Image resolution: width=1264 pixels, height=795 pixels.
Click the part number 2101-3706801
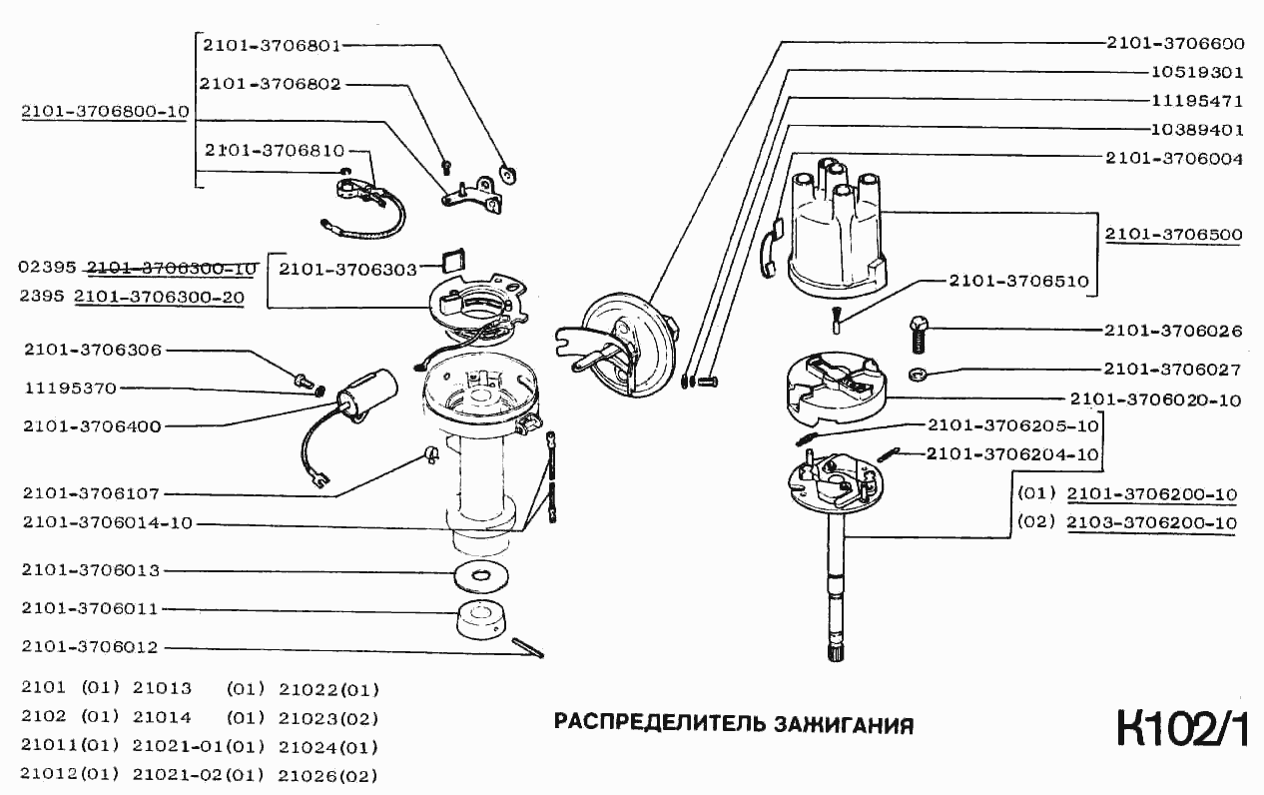point(272,45)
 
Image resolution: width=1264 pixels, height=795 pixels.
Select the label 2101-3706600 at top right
point(1174,43)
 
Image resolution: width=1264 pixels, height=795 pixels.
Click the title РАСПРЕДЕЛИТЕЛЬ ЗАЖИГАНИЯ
point(734,724)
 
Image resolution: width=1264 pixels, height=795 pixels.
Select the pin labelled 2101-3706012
point(528,648)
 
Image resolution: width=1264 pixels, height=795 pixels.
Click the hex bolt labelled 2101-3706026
point(920,335)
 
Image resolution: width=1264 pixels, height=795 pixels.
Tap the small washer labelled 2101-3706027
point(919,375)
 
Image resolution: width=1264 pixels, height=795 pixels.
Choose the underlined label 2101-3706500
point(1173,235)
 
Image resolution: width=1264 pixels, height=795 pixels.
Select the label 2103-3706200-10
point(1151,522)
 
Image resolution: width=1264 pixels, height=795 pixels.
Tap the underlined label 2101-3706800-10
point(105,112)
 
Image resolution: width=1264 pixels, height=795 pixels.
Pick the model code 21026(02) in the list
point(328,775)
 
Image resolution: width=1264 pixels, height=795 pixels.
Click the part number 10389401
point(1182,130)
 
